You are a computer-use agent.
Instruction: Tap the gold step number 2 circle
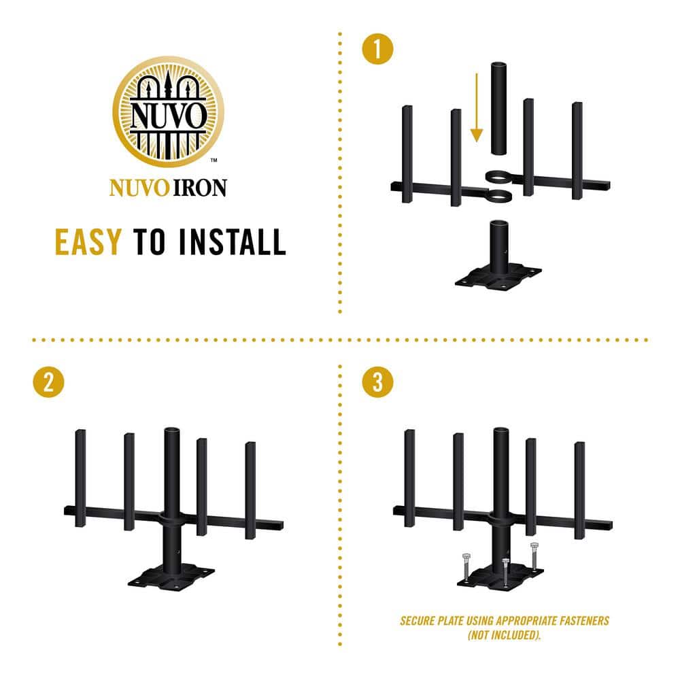[48, 382]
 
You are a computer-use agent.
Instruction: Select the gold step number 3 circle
[377, 382]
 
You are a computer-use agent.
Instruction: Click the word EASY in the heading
[88, 241]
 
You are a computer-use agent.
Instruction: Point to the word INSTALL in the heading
[233, 241]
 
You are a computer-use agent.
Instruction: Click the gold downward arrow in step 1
[477, 107]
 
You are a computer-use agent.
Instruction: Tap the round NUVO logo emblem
[168, 112]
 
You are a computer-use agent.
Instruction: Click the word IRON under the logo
[200, 188]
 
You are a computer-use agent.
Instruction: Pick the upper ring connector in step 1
[499, 177]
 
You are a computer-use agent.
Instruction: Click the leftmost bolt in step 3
[466, 568]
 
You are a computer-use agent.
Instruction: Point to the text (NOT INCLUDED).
[505, 635]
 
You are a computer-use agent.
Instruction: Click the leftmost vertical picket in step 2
[80, 478]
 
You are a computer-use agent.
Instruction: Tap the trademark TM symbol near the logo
[214, 160]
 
